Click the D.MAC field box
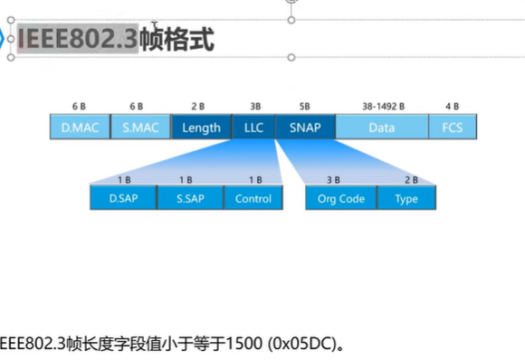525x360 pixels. (80, 128)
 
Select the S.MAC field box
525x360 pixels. (140, 128)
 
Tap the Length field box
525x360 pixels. (201, 128)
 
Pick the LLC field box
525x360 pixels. (253, 128)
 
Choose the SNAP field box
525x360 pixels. (306, 128)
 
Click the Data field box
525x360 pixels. (382, 128)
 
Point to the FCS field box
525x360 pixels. (453, 128)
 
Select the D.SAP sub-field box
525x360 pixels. (123, 198)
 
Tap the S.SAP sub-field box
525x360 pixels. (190, 198)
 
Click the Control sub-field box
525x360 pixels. (253, 198)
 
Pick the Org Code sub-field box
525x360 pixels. (341, 198)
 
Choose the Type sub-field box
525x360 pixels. (406, 198)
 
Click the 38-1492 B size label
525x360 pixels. (383, 107)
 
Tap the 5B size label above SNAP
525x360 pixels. (304, 107)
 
